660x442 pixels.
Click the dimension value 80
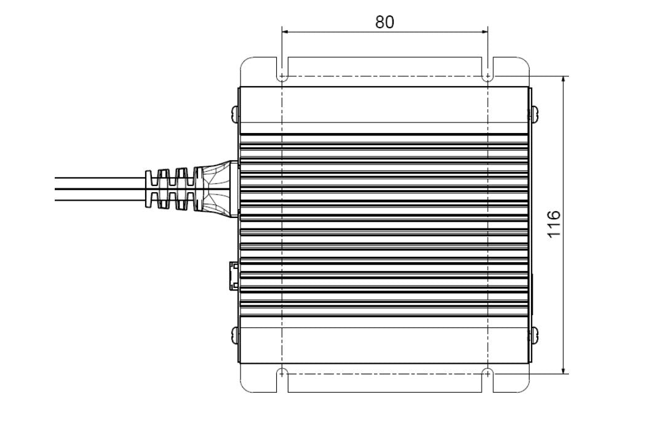tap(384, 22)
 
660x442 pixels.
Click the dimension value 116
tap(554, 225)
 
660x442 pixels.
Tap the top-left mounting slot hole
tap(282, 77)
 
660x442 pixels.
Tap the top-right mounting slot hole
tap(487, 77)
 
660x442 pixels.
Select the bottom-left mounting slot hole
tap(282, 372)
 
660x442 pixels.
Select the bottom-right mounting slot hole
tap(487, 372)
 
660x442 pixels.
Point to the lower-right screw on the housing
tap(533, 336)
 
